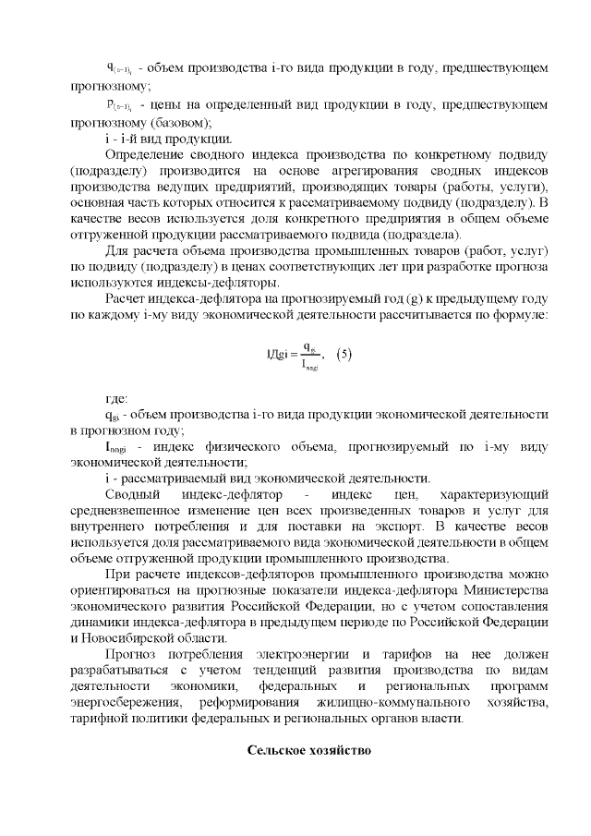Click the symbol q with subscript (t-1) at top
pos(116,70)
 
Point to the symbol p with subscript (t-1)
pos(116,108)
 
